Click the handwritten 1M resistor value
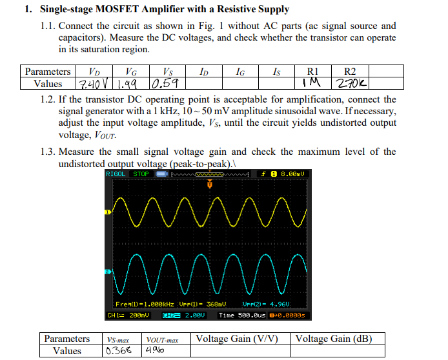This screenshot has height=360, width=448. click(x=312, y=83)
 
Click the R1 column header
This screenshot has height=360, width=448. click(x=312, y=72)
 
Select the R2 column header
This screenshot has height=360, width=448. click(x=351, y=72)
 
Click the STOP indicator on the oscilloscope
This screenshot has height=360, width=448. click(x=141, y=174)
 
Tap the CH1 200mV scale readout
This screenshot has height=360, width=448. click(x=128, y=315)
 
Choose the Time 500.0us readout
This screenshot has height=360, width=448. click(x=242, y=315)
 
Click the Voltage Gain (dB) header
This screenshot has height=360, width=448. click(x=332, y=339)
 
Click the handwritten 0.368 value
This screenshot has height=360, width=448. click(x=120, y=351)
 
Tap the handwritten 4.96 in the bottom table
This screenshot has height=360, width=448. click(x=158, y=351)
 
